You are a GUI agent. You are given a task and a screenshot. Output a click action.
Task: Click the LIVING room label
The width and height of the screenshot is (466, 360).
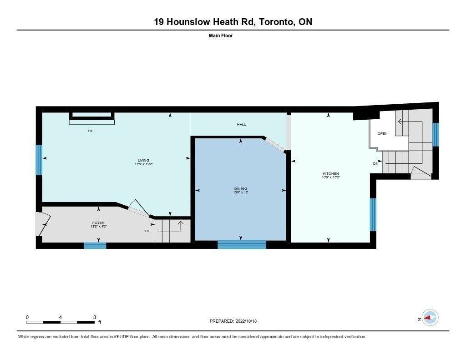143,160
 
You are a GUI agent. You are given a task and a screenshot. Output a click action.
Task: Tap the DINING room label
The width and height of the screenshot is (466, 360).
241,188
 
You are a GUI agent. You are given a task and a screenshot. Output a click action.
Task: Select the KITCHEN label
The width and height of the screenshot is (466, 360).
331,173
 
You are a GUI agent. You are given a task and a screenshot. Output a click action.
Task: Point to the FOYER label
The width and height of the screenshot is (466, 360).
98,223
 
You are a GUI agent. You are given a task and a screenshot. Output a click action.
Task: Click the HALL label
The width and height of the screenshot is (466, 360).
241,125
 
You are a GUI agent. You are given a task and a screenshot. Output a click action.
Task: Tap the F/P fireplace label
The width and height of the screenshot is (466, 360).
91,131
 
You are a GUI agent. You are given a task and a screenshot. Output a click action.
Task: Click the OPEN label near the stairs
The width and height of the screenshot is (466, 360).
382,133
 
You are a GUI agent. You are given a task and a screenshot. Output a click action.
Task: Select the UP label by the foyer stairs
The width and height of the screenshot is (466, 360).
148,231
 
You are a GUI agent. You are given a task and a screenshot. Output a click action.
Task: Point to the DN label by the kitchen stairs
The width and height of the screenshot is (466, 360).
376,163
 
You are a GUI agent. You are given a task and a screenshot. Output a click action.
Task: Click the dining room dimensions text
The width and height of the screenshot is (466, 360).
241,193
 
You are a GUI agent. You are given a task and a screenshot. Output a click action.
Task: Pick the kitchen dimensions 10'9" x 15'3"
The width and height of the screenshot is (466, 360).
331,177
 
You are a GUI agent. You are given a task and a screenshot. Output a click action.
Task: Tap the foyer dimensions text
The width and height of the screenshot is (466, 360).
99,227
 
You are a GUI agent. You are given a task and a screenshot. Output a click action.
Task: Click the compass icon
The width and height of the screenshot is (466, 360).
430,318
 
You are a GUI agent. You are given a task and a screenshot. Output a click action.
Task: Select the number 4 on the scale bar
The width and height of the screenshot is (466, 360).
61,317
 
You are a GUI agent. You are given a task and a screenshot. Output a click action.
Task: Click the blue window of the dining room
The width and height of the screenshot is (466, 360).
242,245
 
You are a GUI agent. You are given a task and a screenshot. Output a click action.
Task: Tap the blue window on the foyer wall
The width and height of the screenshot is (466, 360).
95,246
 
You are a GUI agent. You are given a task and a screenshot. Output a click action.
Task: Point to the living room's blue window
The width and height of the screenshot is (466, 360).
39,160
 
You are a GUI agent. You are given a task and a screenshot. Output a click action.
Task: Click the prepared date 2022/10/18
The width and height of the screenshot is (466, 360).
246,321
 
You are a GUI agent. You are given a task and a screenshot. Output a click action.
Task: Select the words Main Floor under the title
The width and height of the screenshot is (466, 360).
221,35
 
